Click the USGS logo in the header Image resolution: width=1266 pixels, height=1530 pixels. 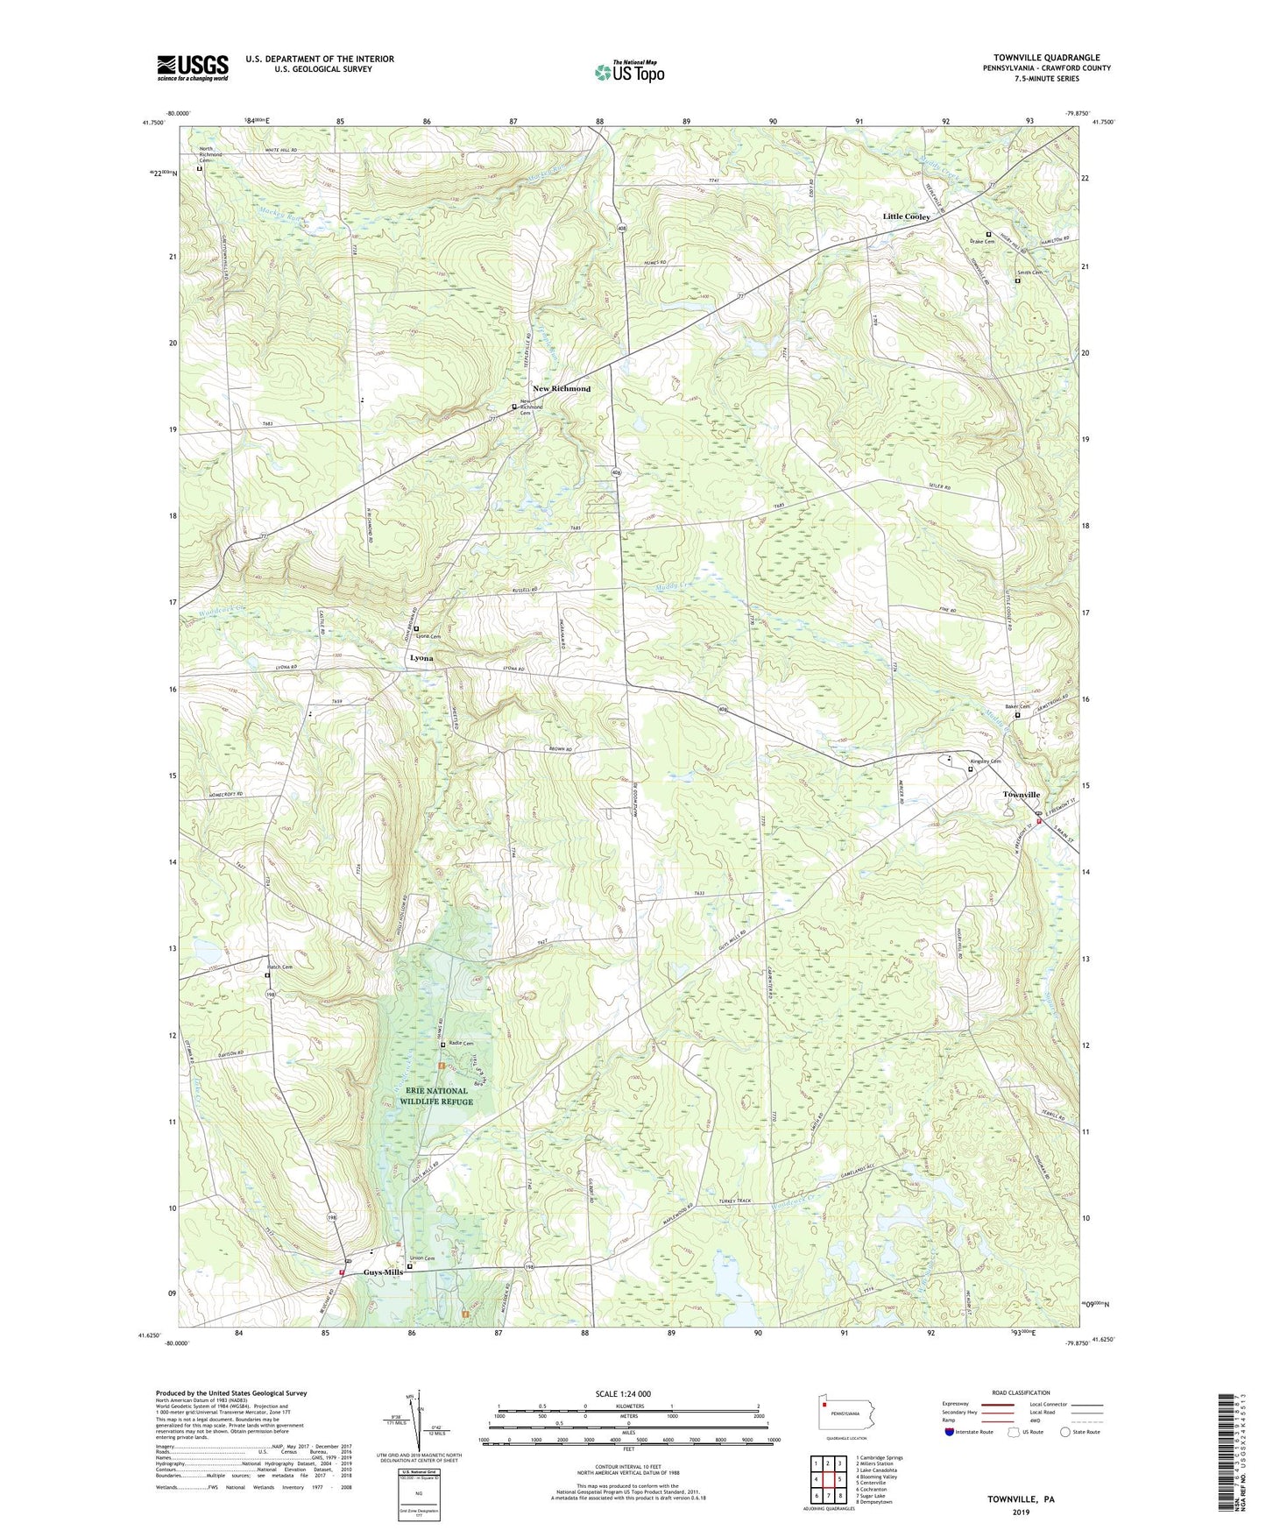(x=193, y=67)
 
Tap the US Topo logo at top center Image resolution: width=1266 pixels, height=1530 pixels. (x=629, y=72)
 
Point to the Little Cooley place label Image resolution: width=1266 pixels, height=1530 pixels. (x=906, y=216)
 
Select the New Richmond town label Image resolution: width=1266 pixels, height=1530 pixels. (x=562, y=388)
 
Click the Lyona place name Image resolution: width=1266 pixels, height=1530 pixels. (x=421, y=657)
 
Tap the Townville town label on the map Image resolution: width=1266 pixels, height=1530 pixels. (x=1021, y=795)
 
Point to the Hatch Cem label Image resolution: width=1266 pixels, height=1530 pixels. (x=279, y=967)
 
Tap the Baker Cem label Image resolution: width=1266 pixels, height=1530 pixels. (x=1016, y=707)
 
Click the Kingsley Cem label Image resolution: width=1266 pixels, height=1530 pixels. (x=985, y=761)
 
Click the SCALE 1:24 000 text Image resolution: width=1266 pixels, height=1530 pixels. (x=627, y=1393)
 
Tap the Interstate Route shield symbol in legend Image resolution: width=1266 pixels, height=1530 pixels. (x=950, y=1432)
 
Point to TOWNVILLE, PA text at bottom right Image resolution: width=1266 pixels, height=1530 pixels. (x=1021, y=1499)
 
